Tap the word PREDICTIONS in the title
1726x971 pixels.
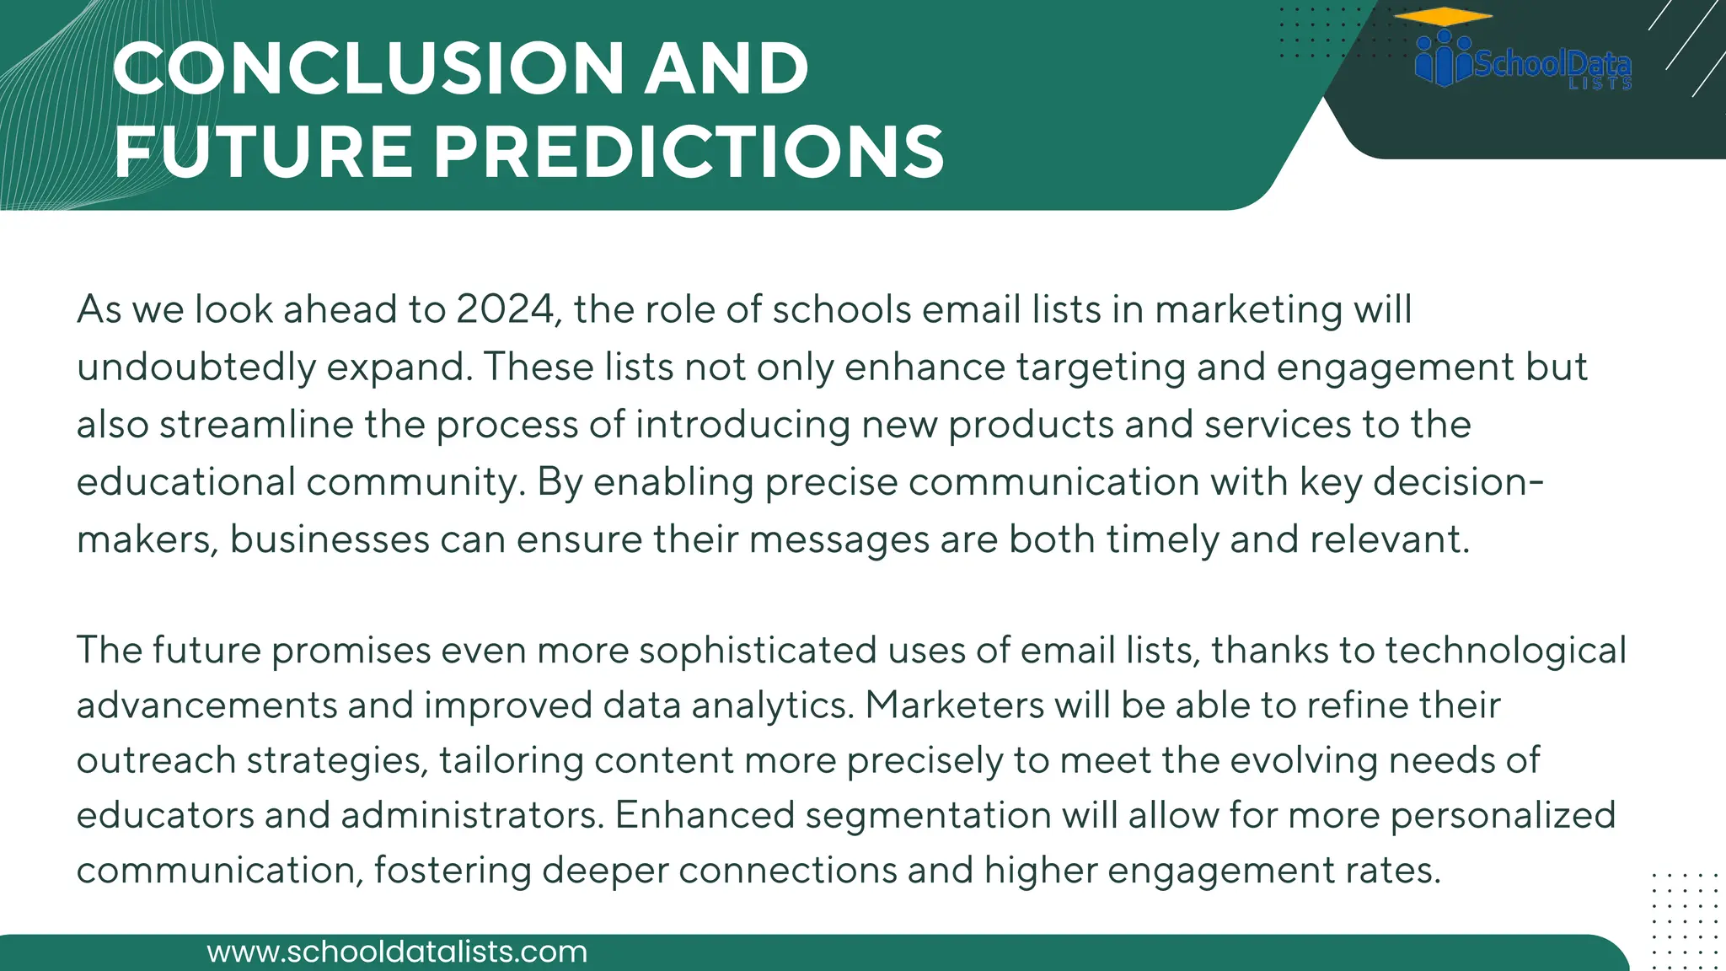(689, 153)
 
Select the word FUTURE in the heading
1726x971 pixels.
(263, 153)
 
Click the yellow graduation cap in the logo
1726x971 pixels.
(1443, 17)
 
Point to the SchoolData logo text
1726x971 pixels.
(1552, 64)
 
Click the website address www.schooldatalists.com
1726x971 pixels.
(397, 952)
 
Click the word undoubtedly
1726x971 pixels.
(196, 367)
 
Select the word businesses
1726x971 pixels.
(330, 539)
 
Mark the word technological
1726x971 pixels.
(1505, 651)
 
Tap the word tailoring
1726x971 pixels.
(511, 761)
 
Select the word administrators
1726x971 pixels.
(472, 816)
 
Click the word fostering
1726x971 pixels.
(453, 871)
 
